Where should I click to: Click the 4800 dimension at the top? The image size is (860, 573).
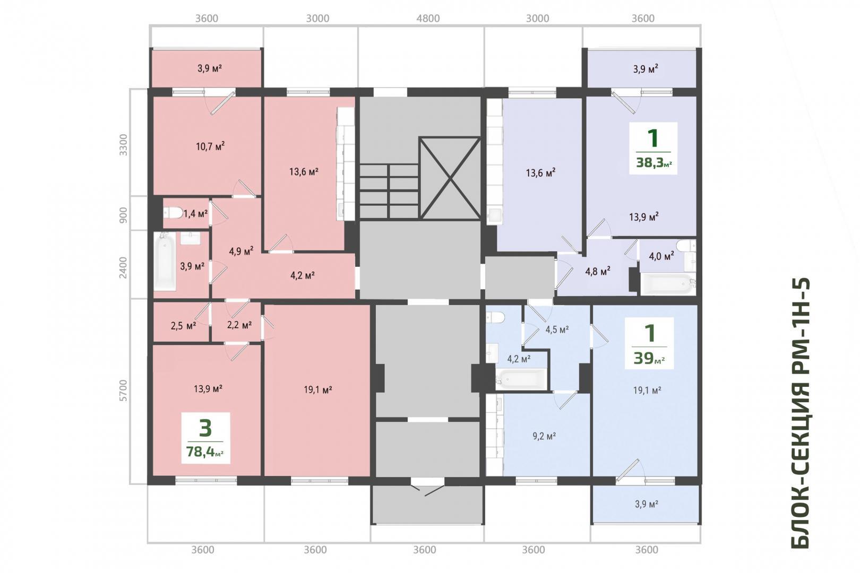tap(428, 19)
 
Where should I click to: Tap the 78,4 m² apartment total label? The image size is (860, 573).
tap(205, 452)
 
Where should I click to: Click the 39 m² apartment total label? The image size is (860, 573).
tap(649, 358)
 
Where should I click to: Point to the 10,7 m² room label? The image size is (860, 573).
tap(210, 146)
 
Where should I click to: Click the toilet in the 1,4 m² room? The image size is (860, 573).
tap(173, 213)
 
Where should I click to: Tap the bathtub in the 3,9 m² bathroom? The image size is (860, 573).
tap(165, 261)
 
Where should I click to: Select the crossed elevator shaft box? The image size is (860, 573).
tap(450, 178)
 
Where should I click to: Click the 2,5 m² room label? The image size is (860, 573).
tap(184, 326)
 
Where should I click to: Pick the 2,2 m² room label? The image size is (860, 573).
tap(239, 325)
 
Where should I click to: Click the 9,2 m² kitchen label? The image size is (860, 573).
tap(544, 436)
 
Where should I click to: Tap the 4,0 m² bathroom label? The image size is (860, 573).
tap(661, 256)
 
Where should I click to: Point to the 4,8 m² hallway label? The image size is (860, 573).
tap(598, 271)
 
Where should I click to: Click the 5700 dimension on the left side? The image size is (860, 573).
tap(123, 390)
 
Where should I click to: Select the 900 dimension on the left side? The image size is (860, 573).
tap(123, 213)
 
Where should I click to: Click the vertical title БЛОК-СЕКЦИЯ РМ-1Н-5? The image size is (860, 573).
tap(801, 413)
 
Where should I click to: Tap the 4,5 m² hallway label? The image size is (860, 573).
tap(557, 329)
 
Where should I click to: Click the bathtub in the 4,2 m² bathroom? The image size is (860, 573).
tap(521, 379)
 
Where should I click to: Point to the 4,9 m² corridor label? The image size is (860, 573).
tap(241, 251)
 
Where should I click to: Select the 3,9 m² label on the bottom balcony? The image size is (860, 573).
tap(647, 504)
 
